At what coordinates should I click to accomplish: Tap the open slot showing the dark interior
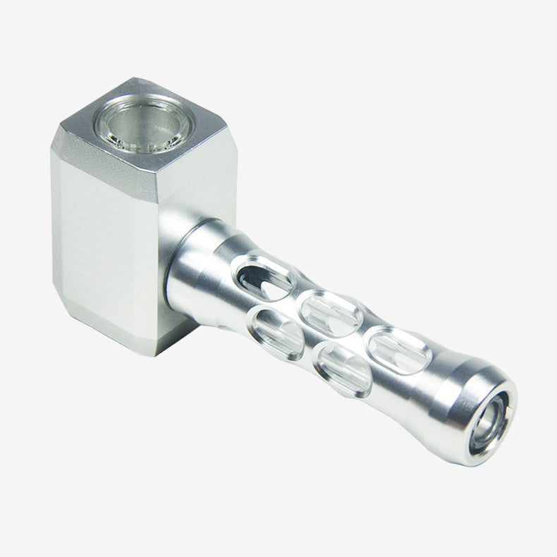point(265,276)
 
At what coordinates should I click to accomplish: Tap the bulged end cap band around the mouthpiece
point(465,409)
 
